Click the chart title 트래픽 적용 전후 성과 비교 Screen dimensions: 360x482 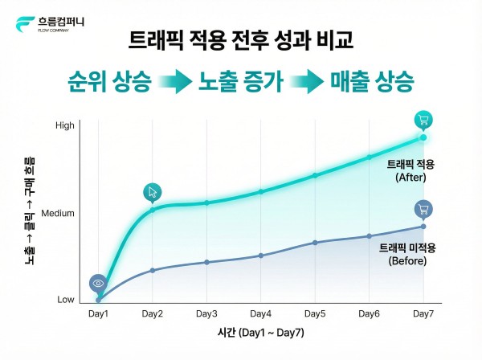(241, 40)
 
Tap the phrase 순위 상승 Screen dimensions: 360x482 (109, 82)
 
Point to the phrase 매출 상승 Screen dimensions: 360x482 (372, 82)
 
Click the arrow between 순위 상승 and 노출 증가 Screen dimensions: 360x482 (174, 82)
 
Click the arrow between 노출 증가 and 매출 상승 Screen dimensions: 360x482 (308, 82)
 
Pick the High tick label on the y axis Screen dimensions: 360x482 (64, 125)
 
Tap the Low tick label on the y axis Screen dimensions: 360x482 (65, 300)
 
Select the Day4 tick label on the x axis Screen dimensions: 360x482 (260, 313)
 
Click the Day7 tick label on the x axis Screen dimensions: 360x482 (423, 313)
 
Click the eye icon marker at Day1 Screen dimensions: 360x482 (98, 284)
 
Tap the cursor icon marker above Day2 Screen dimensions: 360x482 (153, 192)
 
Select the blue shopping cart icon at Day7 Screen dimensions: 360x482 (423, 210)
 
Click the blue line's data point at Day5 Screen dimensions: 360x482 (315, 242)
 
